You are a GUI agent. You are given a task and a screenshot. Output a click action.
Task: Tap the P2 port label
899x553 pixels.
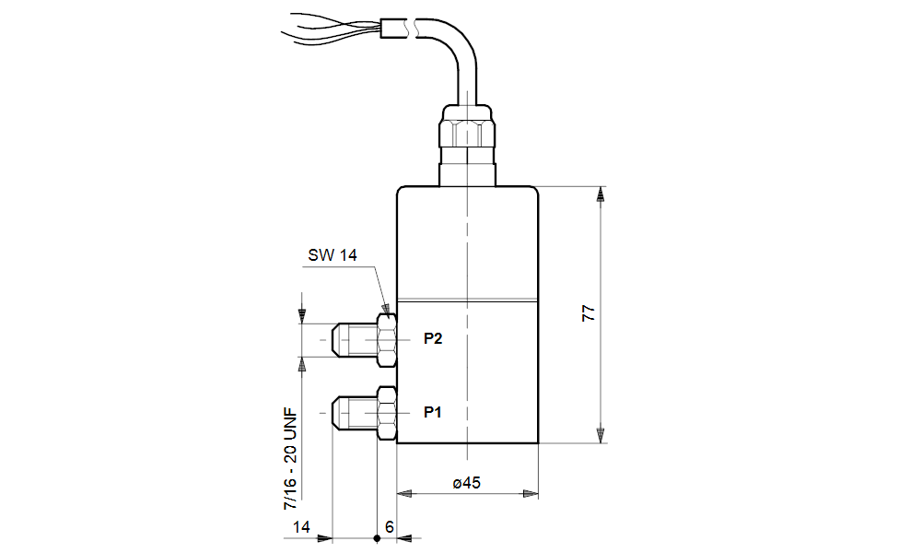[433, 339]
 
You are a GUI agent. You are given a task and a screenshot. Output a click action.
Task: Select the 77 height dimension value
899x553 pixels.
[589, 312]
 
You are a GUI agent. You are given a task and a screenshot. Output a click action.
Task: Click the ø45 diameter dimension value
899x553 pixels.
[468, 482]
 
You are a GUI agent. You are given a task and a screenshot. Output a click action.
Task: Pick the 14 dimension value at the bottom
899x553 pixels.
[300, 526]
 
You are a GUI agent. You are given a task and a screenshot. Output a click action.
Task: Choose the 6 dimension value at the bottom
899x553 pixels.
[390, 526]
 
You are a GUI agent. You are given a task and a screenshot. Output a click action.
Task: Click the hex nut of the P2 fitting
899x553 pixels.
[387, 339]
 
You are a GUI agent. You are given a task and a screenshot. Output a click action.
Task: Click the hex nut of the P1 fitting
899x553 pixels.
[387, 413]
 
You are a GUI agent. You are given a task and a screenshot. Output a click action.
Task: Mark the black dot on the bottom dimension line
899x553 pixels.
[377, 537]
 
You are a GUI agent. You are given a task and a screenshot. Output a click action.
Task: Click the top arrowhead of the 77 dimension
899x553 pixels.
[601, 194]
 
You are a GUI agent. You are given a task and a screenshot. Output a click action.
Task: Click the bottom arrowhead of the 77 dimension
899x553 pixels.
[601, 435]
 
